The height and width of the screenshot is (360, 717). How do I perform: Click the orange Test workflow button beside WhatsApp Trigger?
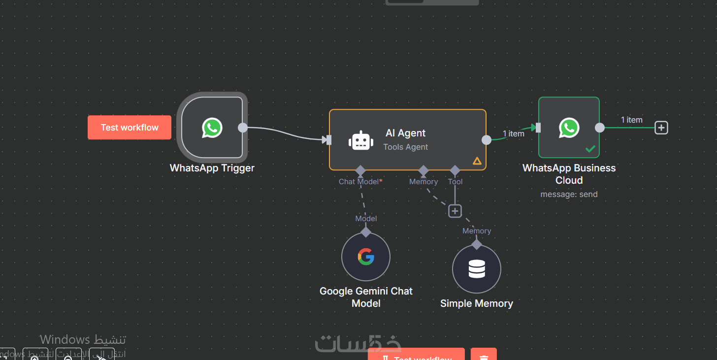[130, 128]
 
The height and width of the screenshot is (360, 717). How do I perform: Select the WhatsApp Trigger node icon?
[212, 128]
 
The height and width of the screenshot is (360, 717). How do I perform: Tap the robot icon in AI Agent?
[360, 140]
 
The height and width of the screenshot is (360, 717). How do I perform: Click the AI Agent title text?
[405, 133]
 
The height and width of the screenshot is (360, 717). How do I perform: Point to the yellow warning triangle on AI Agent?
[477, 161]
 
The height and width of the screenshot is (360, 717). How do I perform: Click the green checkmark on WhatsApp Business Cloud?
[590, 149]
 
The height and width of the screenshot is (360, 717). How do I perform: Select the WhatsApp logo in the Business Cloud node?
[569, 128]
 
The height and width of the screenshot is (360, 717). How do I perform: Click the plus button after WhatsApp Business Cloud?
[661, 128]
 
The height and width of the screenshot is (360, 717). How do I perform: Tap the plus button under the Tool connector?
[455, 211]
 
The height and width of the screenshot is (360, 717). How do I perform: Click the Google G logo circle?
[366, 257]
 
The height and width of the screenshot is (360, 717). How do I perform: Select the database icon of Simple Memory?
[477, 269]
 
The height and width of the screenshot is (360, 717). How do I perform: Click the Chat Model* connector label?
[360, 182]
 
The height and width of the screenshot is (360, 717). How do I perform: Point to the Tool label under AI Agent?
[456, 182]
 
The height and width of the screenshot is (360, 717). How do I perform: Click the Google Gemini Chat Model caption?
[366, 297]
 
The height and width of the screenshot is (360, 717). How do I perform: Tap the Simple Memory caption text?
[477, 303]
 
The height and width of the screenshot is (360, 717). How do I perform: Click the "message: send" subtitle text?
[569, 195]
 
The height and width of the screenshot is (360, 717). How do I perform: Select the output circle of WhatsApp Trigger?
[243, 128]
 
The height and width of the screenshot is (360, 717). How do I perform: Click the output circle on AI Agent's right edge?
[486, 140]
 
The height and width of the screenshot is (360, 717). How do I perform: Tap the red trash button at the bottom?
[484, 356]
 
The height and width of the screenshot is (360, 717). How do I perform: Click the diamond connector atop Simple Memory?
[477, 244]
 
